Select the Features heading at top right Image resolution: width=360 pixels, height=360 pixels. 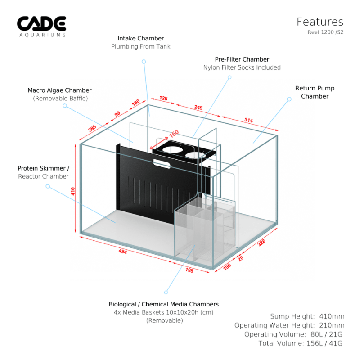pos(320,22)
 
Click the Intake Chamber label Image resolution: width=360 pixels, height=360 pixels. pos(141,38)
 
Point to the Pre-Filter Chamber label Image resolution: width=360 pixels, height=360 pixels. pos(242,59)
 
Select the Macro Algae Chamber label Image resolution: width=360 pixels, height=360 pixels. pos(59,90)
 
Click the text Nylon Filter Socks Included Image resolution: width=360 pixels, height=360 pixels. pos(242,67)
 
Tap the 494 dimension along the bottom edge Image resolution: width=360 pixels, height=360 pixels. pos(122,252)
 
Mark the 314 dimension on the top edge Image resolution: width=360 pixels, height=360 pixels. pos(248,121)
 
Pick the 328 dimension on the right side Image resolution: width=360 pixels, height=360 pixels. pos(261,242)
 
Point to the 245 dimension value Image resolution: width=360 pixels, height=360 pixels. pos(198,108)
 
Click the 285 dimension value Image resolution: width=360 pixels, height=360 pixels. pos(92,129)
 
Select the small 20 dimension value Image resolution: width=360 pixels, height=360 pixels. pos(241,258)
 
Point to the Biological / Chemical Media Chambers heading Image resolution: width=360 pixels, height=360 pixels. pos(164,304)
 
